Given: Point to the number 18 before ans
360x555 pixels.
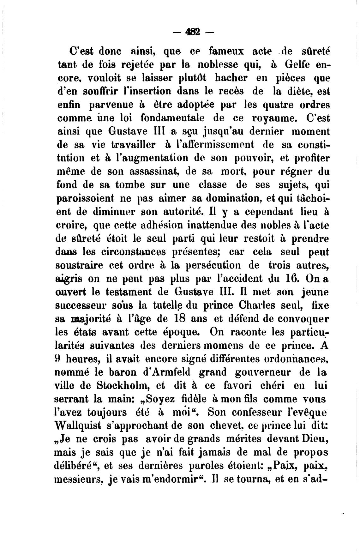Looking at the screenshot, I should [184, 319].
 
